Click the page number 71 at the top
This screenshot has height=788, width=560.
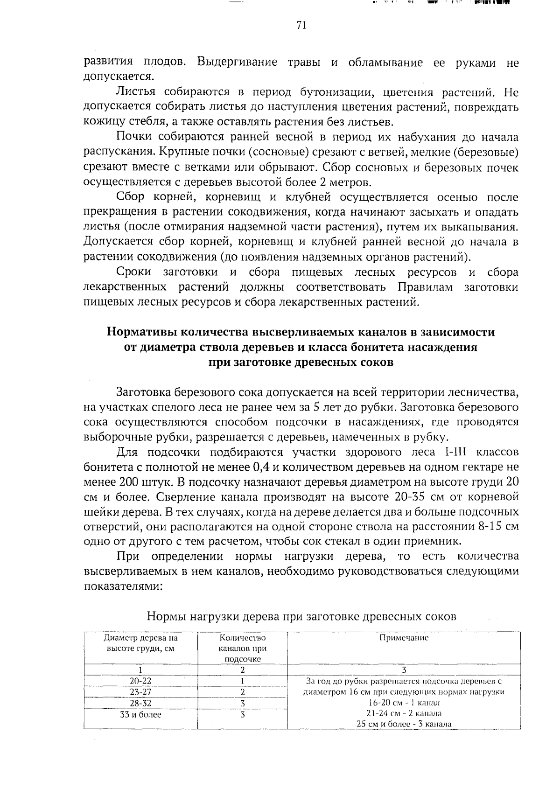coord(301,26)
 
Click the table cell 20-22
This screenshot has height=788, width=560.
coord(140,681)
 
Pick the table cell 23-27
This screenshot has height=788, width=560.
coord(140,692)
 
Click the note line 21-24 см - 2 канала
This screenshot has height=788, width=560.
coord(404,713)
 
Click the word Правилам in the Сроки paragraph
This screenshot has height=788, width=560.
coord(424,287)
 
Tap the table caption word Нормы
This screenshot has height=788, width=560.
coord(165,616)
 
